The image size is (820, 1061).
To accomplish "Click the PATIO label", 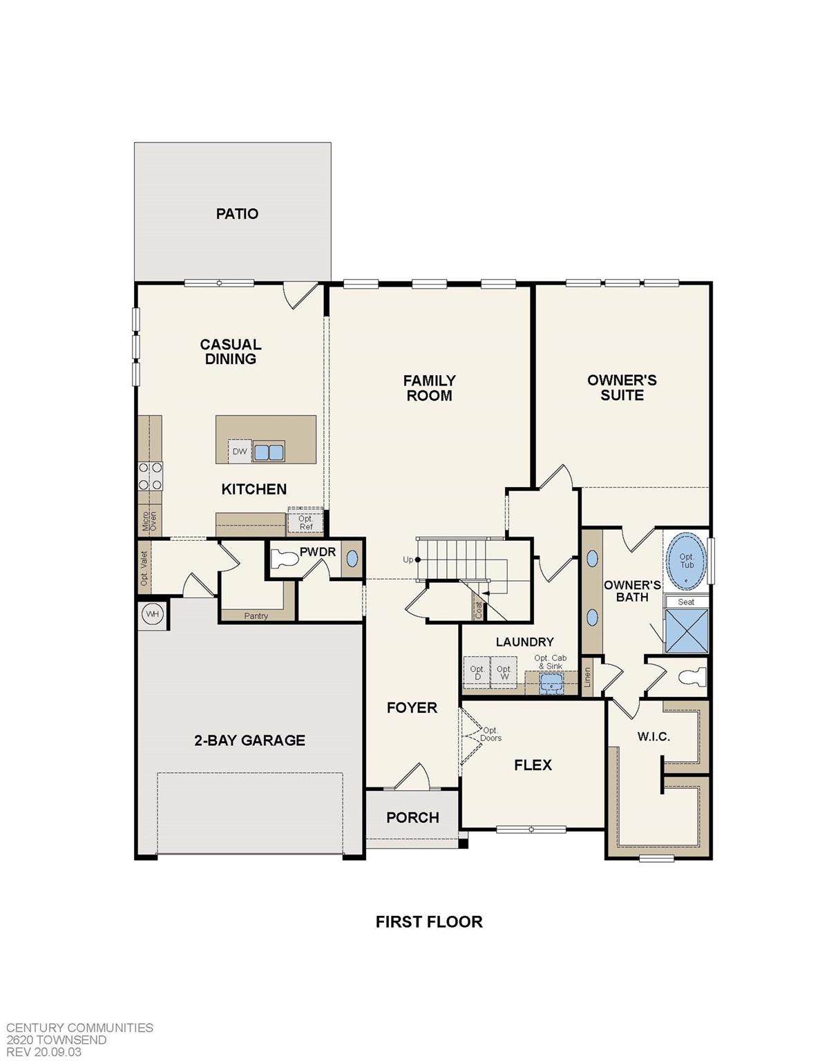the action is pos(237,214).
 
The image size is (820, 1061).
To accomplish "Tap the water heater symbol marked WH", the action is pos(153,614).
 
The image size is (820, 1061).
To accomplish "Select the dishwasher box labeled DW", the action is pos(240,452).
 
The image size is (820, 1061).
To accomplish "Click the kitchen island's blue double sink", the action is pos(269,452).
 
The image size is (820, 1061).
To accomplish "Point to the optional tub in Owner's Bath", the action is pos(686,561).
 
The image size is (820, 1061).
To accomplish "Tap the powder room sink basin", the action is pos(352,559).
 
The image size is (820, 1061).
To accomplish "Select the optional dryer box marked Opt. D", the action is pos(477,673).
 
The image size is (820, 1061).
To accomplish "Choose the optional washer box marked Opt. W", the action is pos(504,673).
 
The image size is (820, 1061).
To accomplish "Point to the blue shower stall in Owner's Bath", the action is pos(687,631).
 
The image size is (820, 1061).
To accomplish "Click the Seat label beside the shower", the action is pos(686,602).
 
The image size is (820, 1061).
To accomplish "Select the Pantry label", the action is pos(256,616).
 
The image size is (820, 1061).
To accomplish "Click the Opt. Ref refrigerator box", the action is pos(306,523).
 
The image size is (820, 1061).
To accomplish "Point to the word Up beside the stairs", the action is pos(408,560).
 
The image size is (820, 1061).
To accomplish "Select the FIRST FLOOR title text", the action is pos(429,922).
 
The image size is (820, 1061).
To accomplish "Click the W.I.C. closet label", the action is pos(654,737).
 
